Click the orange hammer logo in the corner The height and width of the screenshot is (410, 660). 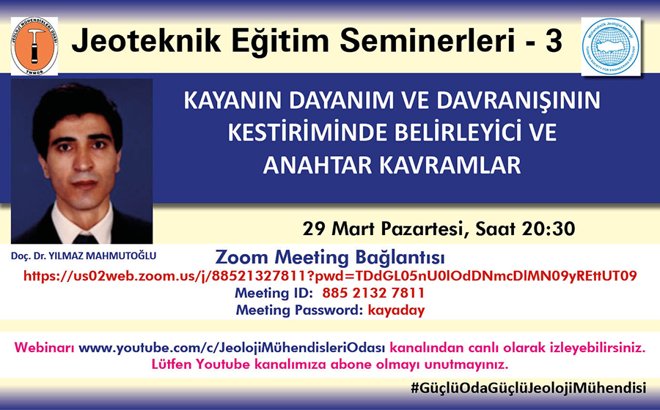(34, 46)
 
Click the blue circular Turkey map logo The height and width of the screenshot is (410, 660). (611, 47)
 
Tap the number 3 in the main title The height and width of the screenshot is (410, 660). (554, 41)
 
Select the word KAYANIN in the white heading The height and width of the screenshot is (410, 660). (233, 101)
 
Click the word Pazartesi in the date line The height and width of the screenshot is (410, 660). (425, 229)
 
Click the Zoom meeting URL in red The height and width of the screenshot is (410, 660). (330, 276)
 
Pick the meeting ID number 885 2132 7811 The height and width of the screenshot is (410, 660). (373, 293)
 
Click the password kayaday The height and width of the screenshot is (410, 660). (396, 310)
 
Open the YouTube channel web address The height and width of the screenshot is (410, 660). (232, 348)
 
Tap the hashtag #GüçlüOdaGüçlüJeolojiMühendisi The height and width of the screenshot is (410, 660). (528, 388)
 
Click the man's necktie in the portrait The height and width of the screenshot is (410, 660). (86, 239)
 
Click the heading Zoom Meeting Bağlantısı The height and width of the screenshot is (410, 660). (329, 257)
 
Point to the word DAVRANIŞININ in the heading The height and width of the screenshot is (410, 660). (518, 101)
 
